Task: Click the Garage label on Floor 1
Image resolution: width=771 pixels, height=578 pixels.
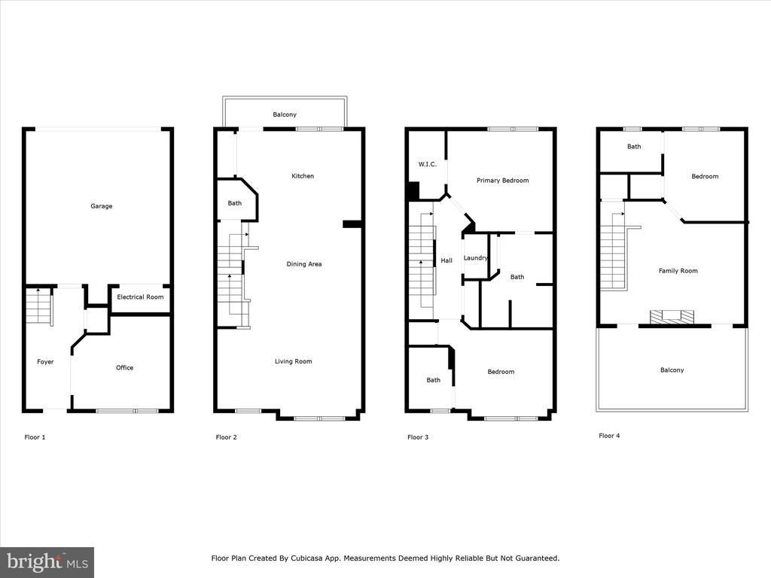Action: [x=102, y=206]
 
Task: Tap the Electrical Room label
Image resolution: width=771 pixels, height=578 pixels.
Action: [x=140, y=297]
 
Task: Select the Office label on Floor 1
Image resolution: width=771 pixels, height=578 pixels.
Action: [x=124, y=367]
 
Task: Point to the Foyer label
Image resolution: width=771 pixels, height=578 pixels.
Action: [x=45, y=362]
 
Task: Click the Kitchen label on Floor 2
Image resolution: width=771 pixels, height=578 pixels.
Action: [x=303, y=176]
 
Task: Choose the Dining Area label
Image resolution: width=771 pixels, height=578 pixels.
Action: [x=304, y=264]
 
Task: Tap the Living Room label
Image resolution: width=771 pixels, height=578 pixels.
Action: [x=293, y=361]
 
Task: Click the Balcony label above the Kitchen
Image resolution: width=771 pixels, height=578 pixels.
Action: [x=285, y=114]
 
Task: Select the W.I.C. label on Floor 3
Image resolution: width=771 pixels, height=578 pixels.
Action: [x=428, y=164]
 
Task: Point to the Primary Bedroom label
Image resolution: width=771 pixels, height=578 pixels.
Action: [x=502, y=181]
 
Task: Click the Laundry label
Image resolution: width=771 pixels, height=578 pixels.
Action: [x=476, y=257]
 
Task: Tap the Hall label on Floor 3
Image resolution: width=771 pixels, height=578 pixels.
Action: [x=446, y=260]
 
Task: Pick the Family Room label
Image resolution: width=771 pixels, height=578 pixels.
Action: [x=678, y=271]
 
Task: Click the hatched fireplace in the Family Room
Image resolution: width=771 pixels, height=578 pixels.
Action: [x=672, y=317]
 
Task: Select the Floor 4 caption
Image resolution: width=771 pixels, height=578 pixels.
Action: [x=609, y=436]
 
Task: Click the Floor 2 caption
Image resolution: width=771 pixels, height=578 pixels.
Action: [x=226, y=437]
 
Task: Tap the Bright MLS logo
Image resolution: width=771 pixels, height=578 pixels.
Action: [x=47, y=562]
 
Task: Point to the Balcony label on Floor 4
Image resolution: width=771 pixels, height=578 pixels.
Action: [x=672, y=370]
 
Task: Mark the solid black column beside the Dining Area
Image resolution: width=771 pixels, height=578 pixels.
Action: [x=352, y=224]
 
